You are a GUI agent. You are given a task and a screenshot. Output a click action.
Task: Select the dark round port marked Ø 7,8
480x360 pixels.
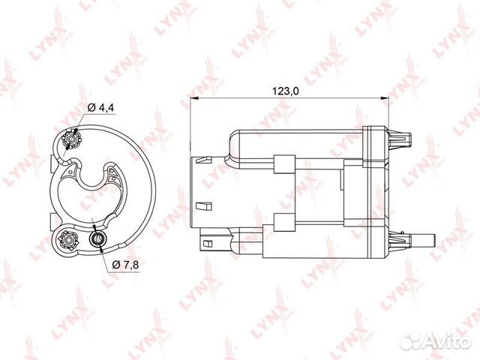tap(97, 239)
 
